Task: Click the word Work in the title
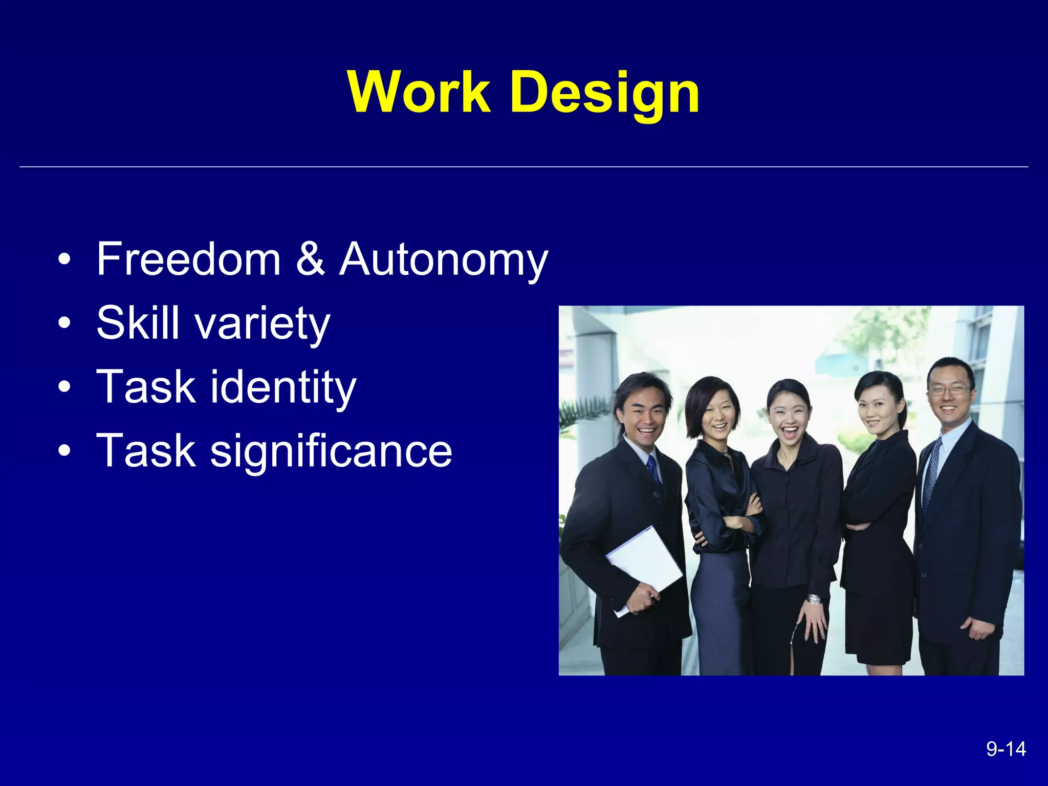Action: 419,92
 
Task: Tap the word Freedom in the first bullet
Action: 188,259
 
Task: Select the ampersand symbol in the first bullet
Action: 310,259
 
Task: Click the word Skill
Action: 138,322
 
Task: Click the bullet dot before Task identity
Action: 64,387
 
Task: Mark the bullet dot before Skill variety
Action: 64,323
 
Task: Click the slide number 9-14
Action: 1006,749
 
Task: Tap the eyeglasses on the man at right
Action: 948,390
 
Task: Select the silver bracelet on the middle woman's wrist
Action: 814,599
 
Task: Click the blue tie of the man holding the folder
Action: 652,468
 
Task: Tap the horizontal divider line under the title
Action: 524,167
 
